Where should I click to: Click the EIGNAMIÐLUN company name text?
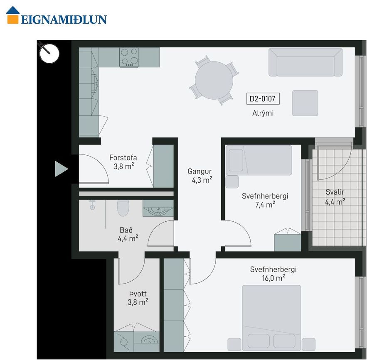pos(64,20)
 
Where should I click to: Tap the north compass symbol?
pos(49,53)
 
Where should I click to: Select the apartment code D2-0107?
pos(263,99)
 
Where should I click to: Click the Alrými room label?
pos(263,113)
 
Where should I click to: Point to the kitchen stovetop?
pos(129,57)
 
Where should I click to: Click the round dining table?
pos(214,80)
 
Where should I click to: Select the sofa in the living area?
pos(305,62)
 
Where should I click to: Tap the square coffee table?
pos(305,103)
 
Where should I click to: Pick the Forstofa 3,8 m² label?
pos(123,162)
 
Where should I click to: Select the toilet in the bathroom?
pos(123,208)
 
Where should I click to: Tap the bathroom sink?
pos(158,208)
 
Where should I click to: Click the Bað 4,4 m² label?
pos(128,234)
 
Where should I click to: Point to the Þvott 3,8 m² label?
pos(138,298)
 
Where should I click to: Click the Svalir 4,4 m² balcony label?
pos(335,196)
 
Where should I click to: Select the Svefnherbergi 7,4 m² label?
pos(265,200)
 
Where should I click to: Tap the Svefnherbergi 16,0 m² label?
pos(273,274)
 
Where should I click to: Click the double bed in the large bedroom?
pos(271,318)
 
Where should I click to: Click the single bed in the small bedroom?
pos(259,160)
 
